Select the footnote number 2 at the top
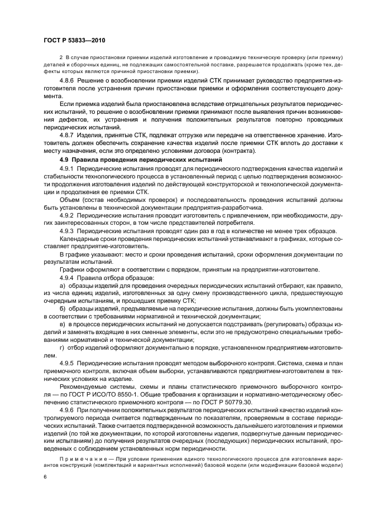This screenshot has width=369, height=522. pyautogui.click(x=60, y=57)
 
